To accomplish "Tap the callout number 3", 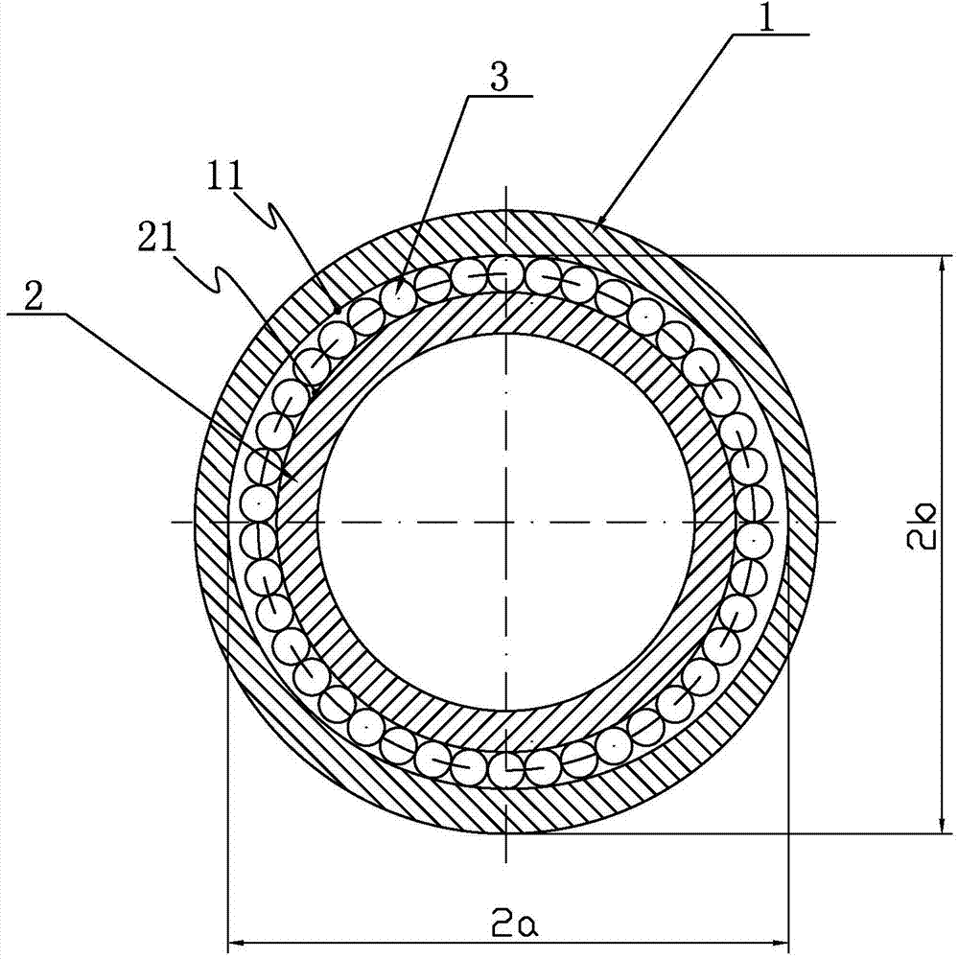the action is tap(500, 79).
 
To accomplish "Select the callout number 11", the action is tap(224, 175).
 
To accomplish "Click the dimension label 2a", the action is tap(514, 926).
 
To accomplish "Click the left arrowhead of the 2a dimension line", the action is tap(236, 943).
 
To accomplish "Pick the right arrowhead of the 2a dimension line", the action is tap(781, 943).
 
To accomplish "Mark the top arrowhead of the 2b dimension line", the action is tap(941, 265).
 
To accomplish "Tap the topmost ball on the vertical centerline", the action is tap(505, 273).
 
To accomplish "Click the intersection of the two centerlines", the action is tap(506, 522).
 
